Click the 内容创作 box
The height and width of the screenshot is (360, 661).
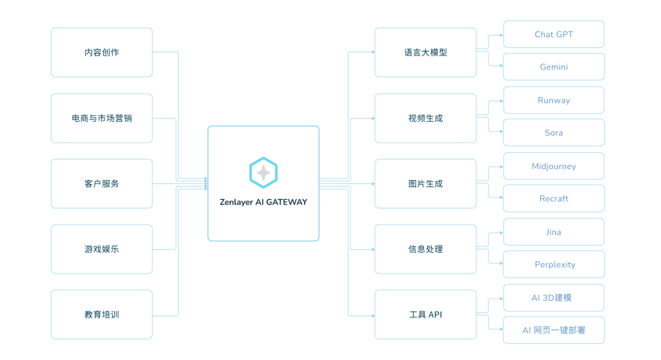point(101,52)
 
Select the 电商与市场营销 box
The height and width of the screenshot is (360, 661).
point(101,118)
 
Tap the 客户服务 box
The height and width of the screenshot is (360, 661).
point(101,184)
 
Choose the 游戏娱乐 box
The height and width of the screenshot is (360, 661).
point(101,249)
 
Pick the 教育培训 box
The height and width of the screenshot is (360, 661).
point(101,315)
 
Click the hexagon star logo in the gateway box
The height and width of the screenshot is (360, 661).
point(263,172)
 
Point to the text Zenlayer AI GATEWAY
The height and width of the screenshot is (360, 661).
point(263,202)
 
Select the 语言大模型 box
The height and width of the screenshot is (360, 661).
point(425,52)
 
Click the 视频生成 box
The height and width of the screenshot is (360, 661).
point(425,118)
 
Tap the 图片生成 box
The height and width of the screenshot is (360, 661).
point(425,184)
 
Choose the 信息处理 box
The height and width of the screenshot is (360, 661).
point(425,249)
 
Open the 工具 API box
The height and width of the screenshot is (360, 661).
point(425,315)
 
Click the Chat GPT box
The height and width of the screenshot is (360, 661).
point(553,34)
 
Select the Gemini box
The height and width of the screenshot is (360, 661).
point(553,67)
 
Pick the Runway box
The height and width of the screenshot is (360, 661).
point(553,100)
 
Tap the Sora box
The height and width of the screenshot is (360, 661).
point(553,133)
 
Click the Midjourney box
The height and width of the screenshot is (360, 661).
point(553,166)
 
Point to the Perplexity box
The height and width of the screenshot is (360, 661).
point(553,265)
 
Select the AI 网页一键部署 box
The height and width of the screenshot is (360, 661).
point(553,330)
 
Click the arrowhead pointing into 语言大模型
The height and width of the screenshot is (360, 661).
point(372,52)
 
